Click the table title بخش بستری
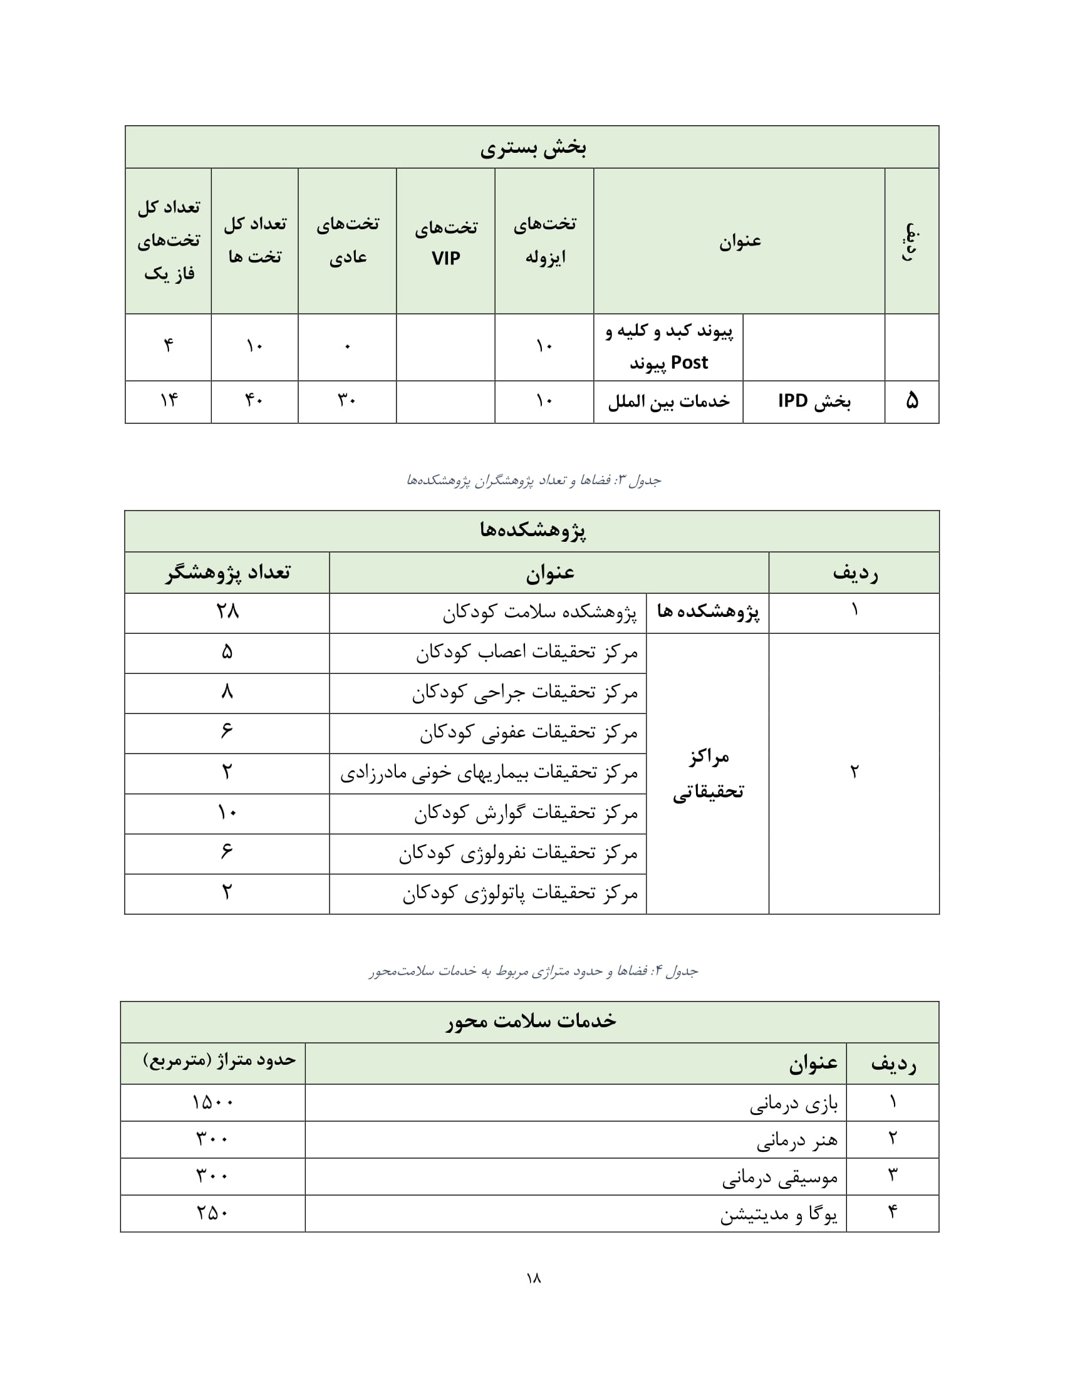[x=532, y=148]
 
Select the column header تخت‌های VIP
[x=445, y=242]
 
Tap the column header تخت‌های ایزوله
[x=544, y=241]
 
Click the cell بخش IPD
[x=813, y=401]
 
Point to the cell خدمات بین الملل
[x=668, y=402]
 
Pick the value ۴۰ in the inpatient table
[x=254, y=401]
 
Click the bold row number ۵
[x=912, y=401]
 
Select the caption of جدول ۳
[x=533, y=481]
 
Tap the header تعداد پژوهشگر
[x=228, y=573]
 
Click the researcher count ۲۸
[x=227, y=611]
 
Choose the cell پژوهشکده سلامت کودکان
[x=539, y=613]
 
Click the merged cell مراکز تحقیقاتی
[x=708, y=774]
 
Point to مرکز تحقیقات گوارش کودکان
[x=526, y=813]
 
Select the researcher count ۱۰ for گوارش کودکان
[x=227, y=812]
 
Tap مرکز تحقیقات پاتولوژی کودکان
[x=520, y=894]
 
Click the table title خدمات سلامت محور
[x=531, y=1022]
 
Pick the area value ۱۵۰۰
[x=212, y=1102]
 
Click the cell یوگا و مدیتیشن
[x=779, y=1214]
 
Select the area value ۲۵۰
[x=212, y=1213]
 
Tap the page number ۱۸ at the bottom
[x=533, y=1278]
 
